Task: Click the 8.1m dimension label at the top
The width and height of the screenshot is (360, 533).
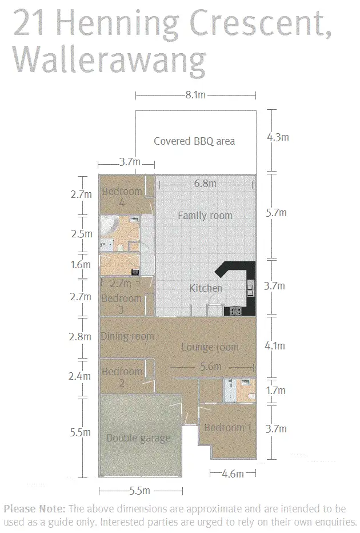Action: click(x=195, y=95)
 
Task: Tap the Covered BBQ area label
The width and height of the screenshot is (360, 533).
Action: click(x=194, y=141)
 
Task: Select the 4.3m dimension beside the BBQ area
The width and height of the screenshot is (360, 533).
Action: click(x=278, y=137)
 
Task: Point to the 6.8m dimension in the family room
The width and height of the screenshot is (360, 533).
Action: click(x=205, y=184)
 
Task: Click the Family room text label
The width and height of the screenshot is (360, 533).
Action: click(x=205, y=216)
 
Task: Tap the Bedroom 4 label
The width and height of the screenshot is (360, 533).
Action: click(x=122, y=197)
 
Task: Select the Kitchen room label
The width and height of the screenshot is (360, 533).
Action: click(x=205, y=288)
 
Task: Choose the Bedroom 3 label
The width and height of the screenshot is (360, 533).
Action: click(x=121, y=304)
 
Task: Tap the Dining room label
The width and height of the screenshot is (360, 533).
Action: click(x=127, y=336)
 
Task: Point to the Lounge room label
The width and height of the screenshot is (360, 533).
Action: click(x=210, y=347)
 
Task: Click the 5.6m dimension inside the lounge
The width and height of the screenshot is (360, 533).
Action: click(x=210, y=367)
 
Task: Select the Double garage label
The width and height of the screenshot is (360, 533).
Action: click(x=138, y=438)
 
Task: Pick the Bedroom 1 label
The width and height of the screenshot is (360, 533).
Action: click(x=227, y=428)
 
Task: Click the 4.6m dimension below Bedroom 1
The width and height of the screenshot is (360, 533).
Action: click(x=233, y=474)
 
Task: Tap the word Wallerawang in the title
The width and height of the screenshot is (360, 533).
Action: click(x=108, y=59)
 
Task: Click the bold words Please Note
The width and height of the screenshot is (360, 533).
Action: click(x=35, y=508)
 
